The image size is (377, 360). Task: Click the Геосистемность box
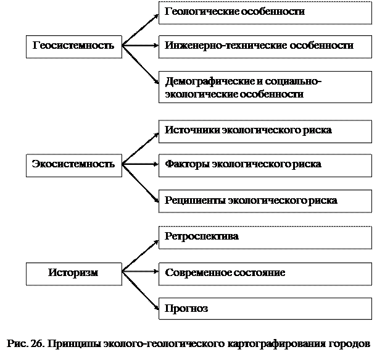(74, 47)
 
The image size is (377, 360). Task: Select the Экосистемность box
(74, 165)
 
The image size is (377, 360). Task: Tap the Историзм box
(74, 274)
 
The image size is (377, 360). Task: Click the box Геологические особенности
(265, 13)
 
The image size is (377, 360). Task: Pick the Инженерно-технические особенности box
(265, 47)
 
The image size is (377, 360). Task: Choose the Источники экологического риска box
(265, 132)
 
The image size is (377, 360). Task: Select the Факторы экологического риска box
(265, 165)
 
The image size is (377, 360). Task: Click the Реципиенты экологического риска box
(265, 201)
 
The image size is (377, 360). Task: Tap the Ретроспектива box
(265, 238)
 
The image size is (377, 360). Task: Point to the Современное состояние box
(265, 274)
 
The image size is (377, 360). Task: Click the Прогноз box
(265, 309)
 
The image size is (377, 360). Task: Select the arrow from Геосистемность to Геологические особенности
(141, 30)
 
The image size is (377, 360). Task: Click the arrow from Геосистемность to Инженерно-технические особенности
(141, 45)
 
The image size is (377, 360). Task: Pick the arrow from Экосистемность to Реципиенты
(141, 183)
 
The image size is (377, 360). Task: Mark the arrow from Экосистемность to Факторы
(141, 164)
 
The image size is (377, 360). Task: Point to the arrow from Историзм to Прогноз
(141, 291)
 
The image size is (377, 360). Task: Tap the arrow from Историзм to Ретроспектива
(141, 256)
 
